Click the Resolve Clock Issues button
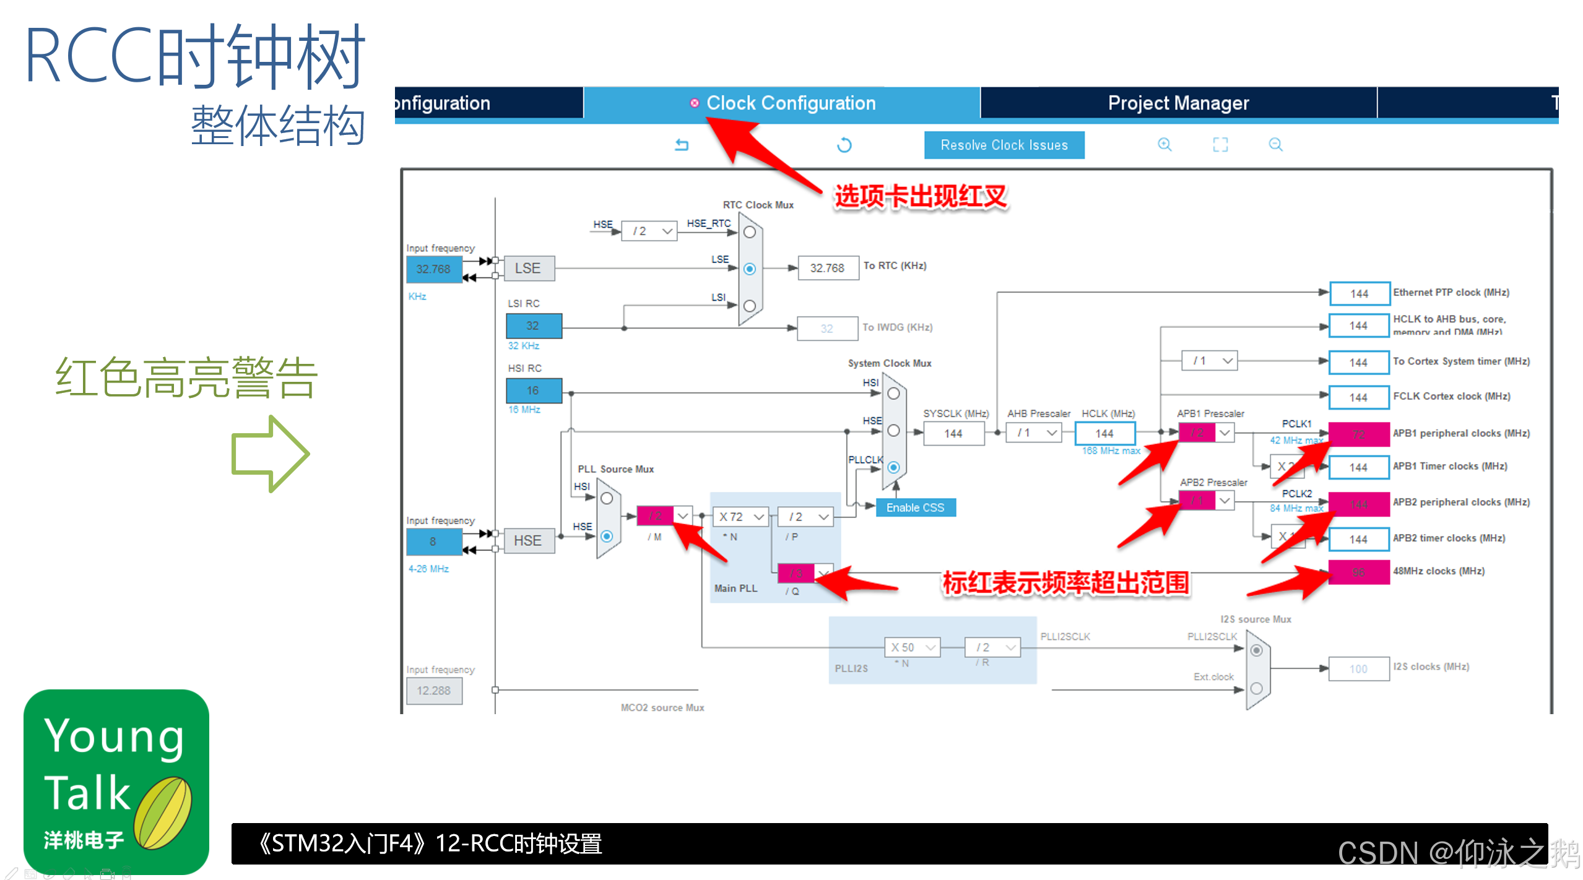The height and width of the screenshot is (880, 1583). pos(1004,145)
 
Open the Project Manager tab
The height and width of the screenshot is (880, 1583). pos(1177,103)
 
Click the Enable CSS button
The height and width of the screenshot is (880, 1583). pos(915,507)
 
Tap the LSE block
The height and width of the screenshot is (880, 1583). pos(528,268)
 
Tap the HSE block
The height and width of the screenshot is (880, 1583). pos(528,540)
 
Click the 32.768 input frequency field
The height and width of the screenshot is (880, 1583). pos(433,269)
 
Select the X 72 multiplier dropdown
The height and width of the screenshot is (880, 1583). pos(741,516)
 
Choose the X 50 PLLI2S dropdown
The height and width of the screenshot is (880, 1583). pos(912,647)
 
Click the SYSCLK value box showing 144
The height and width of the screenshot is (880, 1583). pos(953,433)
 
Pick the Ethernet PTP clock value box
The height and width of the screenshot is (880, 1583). pos(1358,293)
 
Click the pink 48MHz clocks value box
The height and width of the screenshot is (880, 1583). pos(1358,572)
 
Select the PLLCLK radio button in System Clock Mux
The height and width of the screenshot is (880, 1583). pos(893,467)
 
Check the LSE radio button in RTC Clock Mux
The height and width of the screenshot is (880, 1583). pos(750,269)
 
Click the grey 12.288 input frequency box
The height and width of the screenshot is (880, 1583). pos(433,691)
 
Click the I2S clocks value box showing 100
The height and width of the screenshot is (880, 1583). pos(1358,668)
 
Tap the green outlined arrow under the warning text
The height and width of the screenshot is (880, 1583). pos(270,454)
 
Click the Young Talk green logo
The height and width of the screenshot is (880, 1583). pos(116,782)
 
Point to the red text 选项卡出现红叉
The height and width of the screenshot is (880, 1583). pos(921,197)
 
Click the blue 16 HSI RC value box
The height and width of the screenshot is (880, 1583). pos(533,390)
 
